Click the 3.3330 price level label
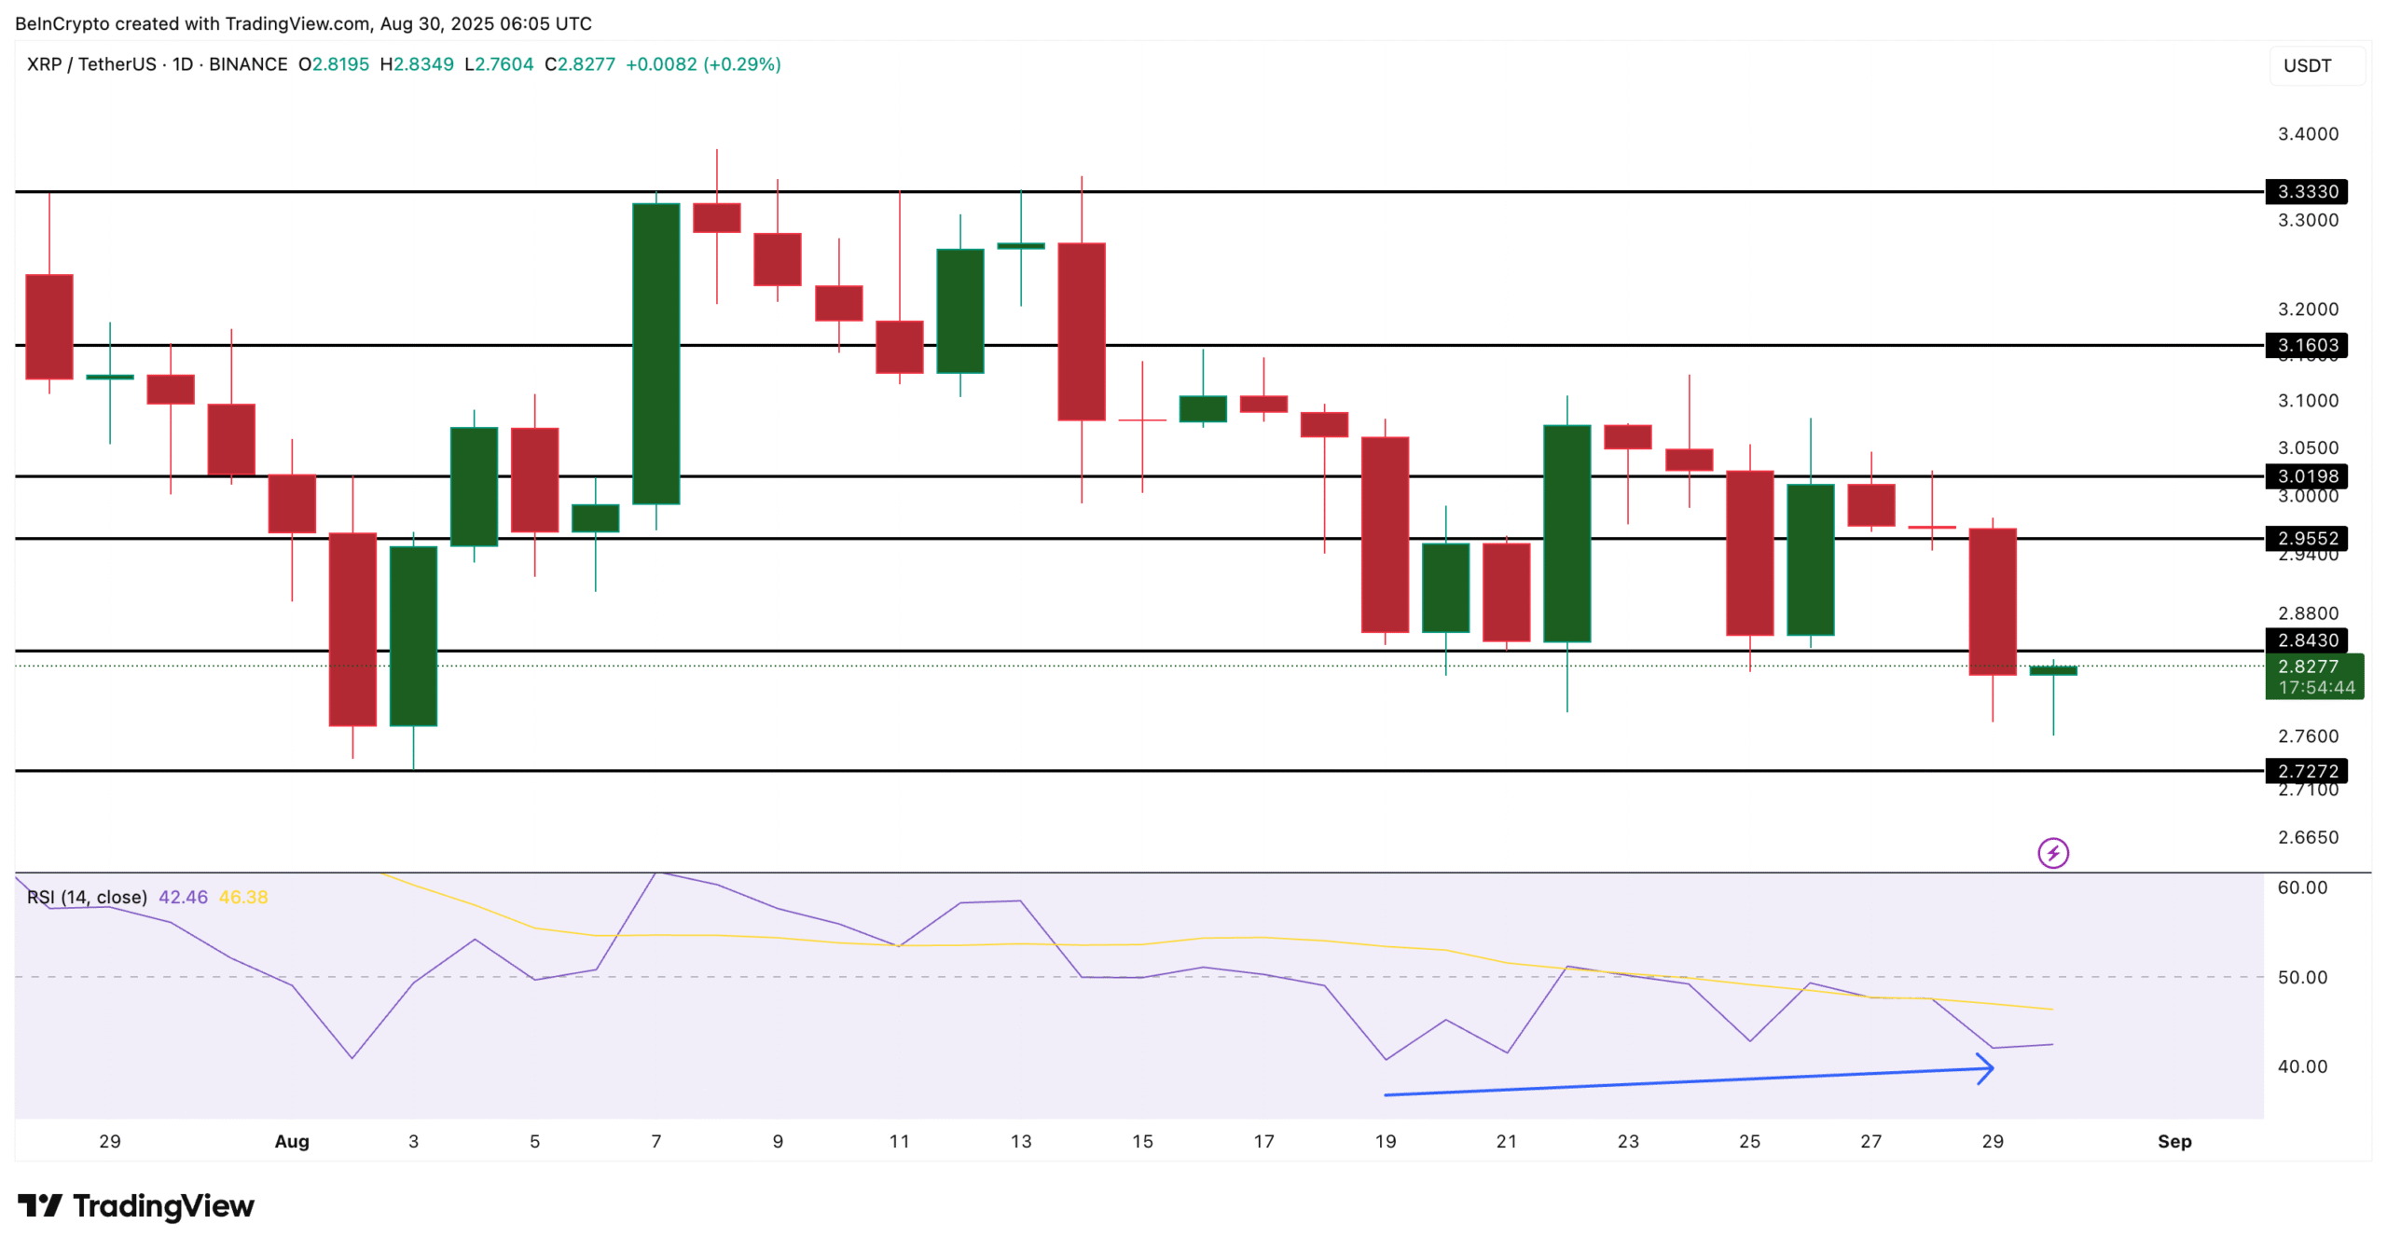point(2307,191)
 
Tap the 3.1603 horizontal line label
point(2307,345)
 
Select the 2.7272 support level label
point(2307,771)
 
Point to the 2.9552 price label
point(2307,538)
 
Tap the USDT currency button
point(2307,65)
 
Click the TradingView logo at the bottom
point(136,1205)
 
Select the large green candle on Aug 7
point(655,354)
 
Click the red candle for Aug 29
point(1993,601)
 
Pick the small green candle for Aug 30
point(2053,670)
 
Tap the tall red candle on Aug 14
point(1082,331)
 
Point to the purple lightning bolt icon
point(2053,853)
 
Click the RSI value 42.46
point(183,897)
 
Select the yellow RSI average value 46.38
point(243,897)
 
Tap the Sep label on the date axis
point(2174,1141)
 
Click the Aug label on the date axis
point(292,1141)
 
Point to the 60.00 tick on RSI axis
point(2302,887)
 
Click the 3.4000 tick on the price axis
point(2308,134)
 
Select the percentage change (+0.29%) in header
point(742,64)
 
